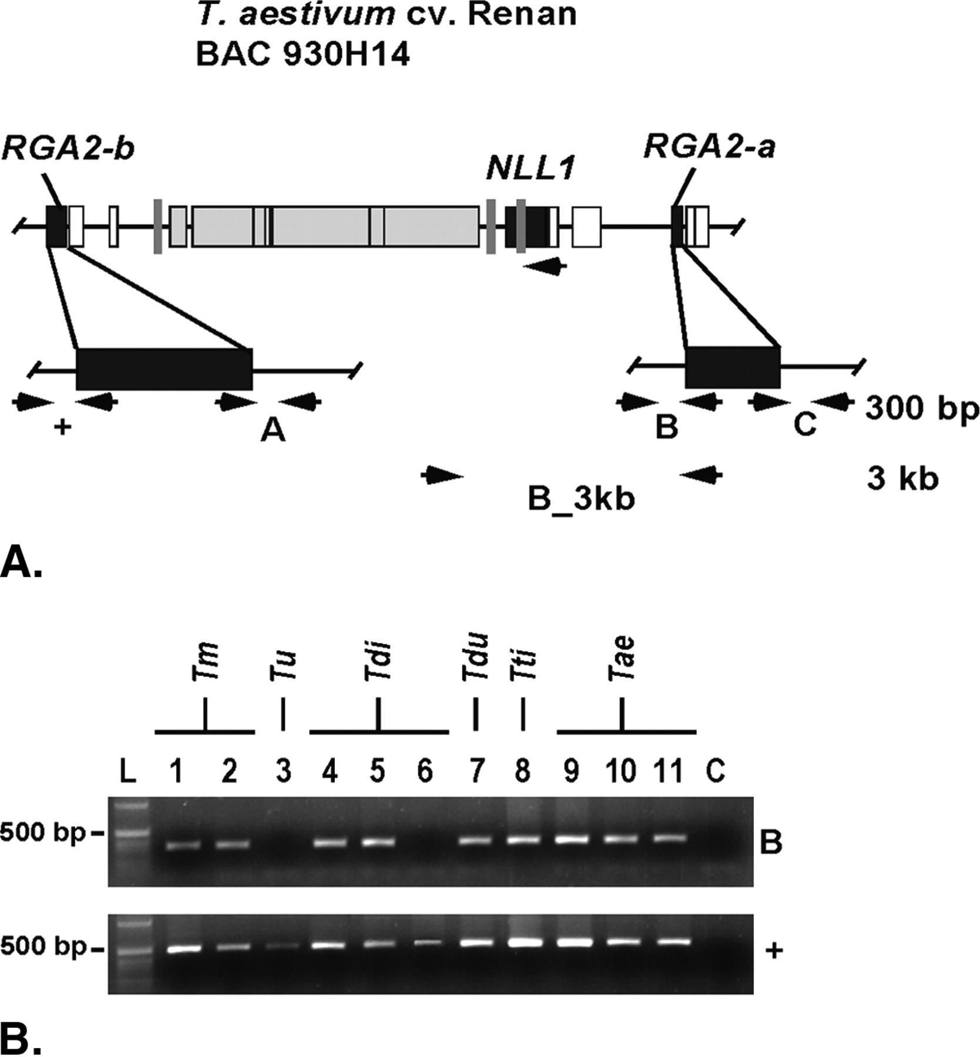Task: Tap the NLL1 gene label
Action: pyautogui.click(x=529, y=170)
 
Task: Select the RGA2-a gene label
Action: pyautogui.click(x=709, y=147)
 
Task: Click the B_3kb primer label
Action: pyautogui.click(x=581, y=500)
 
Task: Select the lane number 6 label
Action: pyautogui.click(x=424, y=771)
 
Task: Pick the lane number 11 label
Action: pyautogui.click(x=669, y=771)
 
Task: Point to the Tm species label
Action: pyautogui.click(x=205, y=662)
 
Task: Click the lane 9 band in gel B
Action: pyautogui.click(x=572, y=839)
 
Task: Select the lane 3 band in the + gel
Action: pyautogui.click(x=283, y=947)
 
